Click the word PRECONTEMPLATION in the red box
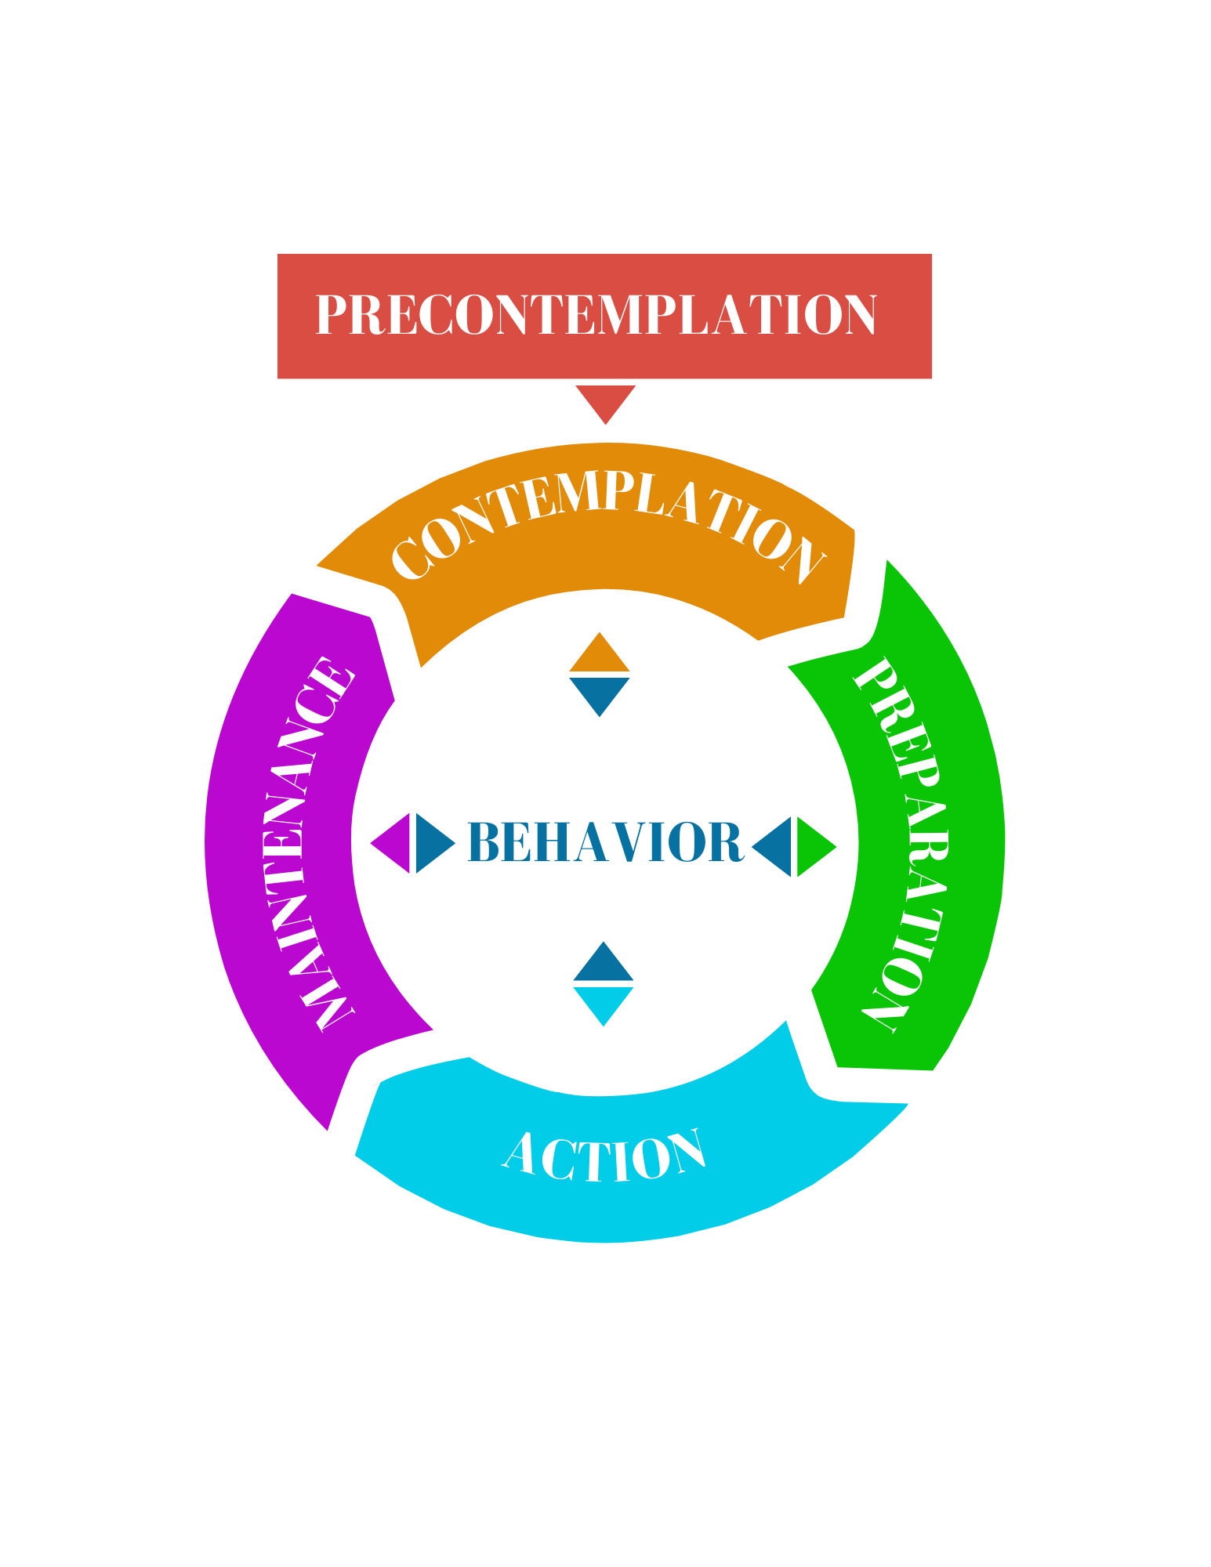(596, 315)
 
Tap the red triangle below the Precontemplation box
(605, 400)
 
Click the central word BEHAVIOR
(604, 843)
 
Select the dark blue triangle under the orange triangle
(600, 693)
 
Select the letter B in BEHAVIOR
(484, 843)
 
